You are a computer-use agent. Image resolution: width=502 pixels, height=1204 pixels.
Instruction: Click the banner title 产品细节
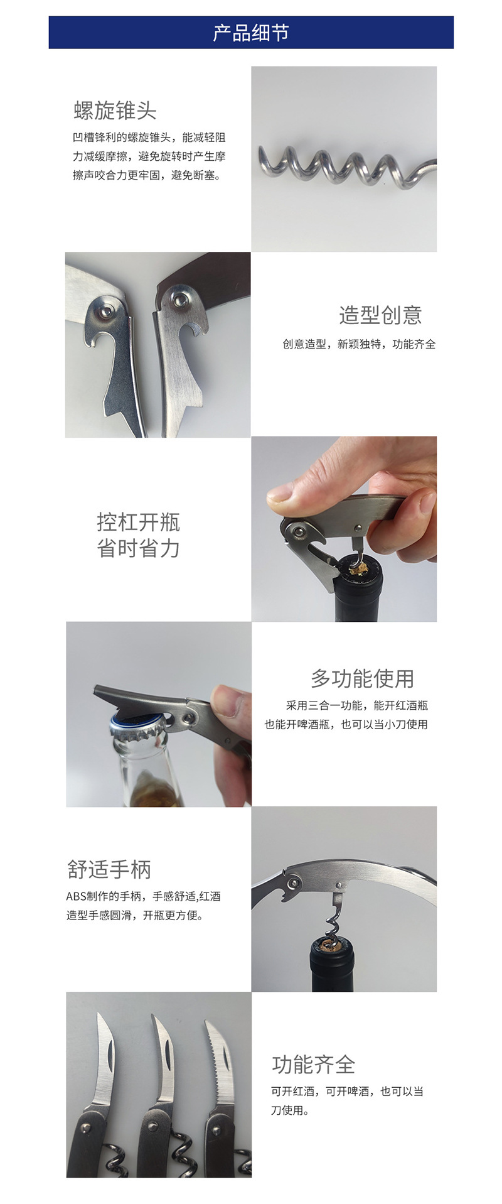click(x=250, y=33)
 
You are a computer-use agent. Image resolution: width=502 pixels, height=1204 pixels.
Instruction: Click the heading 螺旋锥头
click(x=115, y=111)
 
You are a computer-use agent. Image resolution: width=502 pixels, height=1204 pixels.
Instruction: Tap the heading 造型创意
click(x=380, y=315)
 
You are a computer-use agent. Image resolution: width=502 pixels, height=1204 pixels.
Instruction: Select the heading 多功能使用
click(x=362, y=678)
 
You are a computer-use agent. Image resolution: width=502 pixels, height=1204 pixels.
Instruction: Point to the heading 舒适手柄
click(x=109, y=869)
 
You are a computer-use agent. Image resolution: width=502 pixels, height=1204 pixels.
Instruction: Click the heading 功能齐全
click(x=314, y=1065)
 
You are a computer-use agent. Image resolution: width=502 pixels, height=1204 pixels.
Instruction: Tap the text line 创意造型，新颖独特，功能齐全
click(x=359, y=344)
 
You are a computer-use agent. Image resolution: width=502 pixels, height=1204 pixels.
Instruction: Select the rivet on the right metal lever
click(x=181, y=297)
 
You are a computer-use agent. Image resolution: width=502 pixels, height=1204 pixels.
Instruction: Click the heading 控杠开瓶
click(x=139, y=521)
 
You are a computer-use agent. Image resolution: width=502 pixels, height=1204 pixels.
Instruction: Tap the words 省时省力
click(x=139, y=548)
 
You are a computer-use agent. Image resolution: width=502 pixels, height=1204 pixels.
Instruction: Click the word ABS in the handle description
click(x=75, y=896)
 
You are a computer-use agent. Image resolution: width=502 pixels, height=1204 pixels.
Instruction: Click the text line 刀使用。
click(x=290, y=1110)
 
